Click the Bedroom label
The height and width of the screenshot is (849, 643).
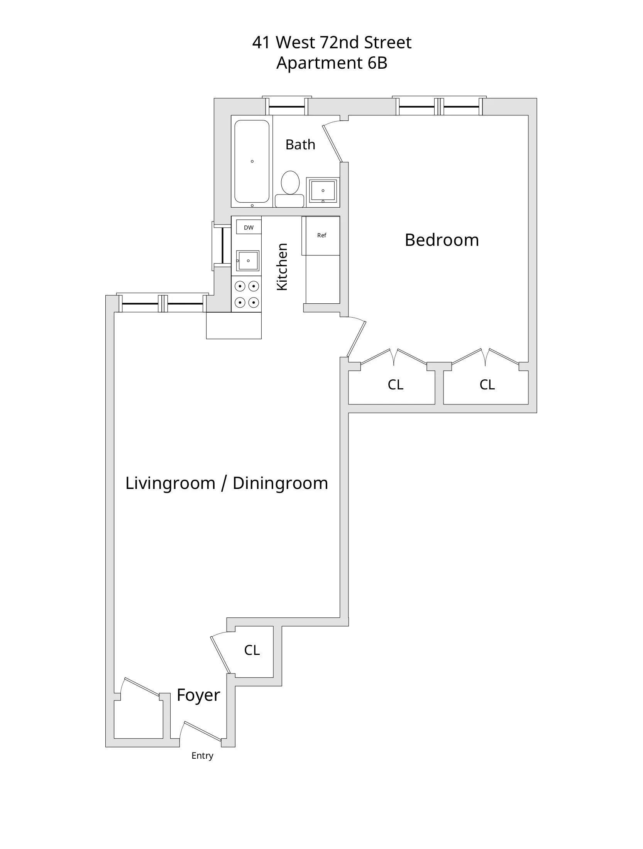click(x=442, y=240)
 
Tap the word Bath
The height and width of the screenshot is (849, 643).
click(x=300, y=144)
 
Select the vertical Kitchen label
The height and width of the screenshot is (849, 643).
click(x=283, y=267)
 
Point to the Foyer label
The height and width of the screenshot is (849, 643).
click(x=198, y=695)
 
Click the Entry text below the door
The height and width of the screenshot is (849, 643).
click(x=202, y=756)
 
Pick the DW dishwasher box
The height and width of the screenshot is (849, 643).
click(x=249, y=227)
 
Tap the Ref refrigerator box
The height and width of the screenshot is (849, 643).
click(x=321, y=235)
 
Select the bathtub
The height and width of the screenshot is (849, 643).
click(x=252, y=161)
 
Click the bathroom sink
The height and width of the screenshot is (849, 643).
click(x=323, y=190)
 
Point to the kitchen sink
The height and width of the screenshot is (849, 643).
click(x=247, y=261)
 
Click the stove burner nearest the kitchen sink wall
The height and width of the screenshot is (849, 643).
click(x=240, y=286)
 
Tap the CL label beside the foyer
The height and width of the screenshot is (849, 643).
click(x=252, y=650)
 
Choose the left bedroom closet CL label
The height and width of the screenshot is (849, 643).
click(x=395, y=385)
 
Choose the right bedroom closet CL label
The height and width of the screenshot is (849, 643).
click(x=487, y=385)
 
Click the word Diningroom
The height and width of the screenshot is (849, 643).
click(x=280, y=483)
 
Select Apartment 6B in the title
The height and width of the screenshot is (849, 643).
click(x=332, y=63)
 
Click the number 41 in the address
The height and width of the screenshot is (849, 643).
click(x=261, y=42)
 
